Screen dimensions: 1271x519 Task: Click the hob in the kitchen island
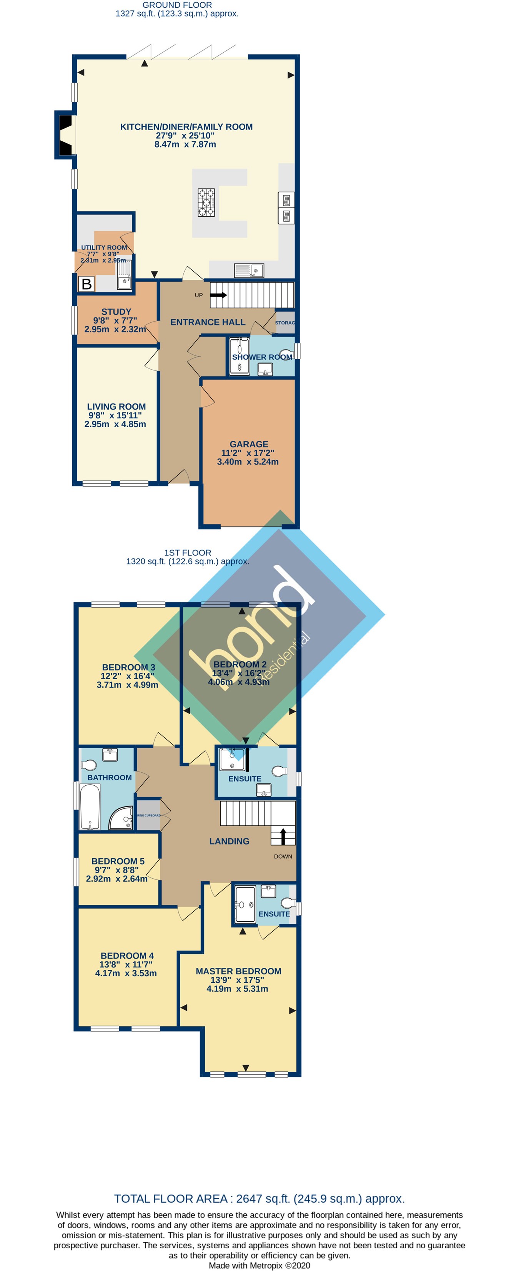(206, 203)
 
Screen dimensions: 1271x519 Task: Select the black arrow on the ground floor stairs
(218, 295)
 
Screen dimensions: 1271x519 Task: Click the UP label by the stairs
(198, 295)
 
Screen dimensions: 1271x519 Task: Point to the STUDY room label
(116, 312)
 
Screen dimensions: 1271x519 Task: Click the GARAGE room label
(248, 444)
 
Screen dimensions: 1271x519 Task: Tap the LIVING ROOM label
(116, 407)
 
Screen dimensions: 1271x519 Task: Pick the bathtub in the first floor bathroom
(90, 807)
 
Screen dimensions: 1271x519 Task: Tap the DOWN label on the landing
(283, 856)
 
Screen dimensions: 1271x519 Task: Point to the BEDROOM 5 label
(118, 861)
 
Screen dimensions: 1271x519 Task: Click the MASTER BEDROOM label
(238, 971)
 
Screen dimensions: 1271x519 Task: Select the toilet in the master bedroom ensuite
(287, 903)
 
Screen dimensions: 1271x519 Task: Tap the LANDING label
(229, 841)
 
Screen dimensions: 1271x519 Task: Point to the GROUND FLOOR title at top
(177, 5)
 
